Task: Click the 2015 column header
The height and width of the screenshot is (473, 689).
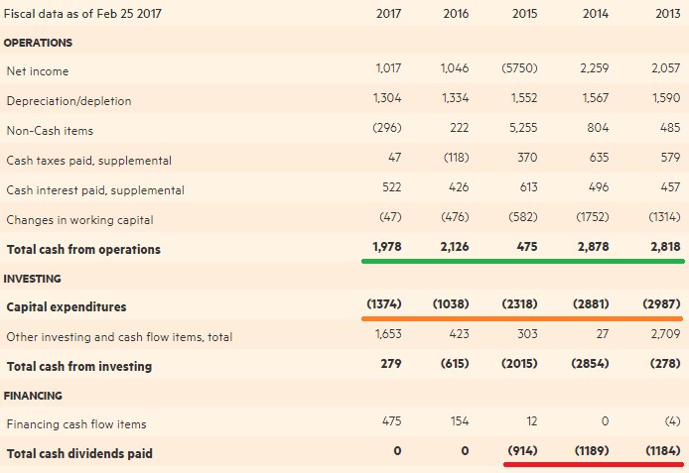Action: (524, 14)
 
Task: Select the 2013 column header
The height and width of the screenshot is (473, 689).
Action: (667, 14)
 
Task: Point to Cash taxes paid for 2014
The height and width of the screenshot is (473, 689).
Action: (596, 158)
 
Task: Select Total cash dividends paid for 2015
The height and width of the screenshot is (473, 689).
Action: (520, 452)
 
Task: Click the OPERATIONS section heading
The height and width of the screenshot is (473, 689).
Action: (39, 43)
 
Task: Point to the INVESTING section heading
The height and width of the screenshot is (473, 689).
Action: (34, 279)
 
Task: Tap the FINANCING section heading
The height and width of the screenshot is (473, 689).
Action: (35, 395)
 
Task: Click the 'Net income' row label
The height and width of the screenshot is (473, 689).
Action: (38, 71)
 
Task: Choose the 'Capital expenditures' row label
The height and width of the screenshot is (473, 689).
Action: (67, 306)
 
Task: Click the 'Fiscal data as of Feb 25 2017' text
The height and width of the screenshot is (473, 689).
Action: (83, 14)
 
